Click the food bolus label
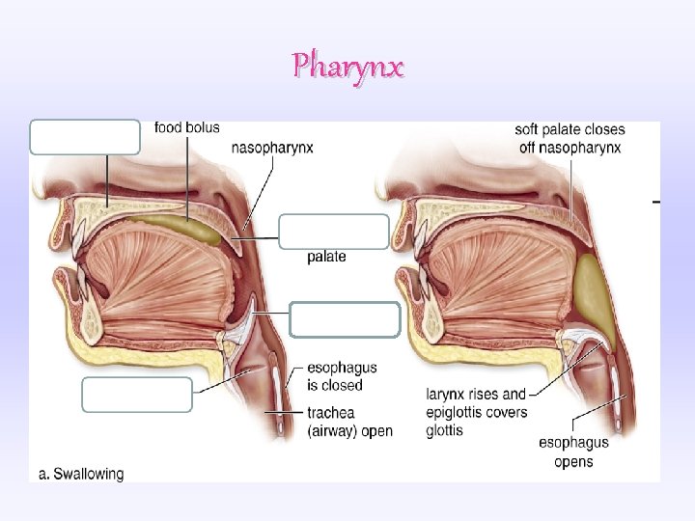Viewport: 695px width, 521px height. point(186,127)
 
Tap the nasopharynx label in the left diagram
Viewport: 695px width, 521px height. point(272,148)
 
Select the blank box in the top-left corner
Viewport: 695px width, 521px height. point(85,137)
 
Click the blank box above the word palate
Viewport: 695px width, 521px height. point(334,232)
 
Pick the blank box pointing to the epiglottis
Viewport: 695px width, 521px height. point(345,319)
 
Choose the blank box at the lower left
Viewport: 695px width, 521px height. point(137,395)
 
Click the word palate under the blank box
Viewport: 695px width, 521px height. point(326,257)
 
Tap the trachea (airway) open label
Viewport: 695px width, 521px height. point(348,422)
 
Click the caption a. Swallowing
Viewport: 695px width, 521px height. point(81,474)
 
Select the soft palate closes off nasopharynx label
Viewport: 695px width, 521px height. point(569,138)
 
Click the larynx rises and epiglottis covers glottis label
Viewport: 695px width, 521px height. point(476,412)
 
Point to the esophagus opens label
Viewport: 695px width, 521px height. point(573,451)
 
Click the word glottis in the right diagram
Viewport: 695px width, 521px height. point(445,430)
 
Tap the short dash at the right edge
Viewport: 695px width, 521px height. point(656,202)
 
